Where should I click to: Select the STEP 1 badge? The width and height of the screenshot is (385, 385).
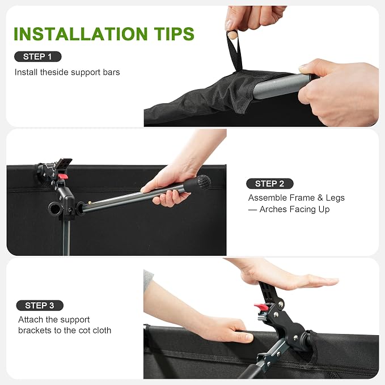click(38, 57)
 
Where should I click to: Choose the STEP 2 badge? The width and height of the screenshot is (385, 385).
click(269, 184)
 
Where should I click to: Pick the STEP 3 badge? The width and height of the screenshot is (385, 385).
click(40, 306)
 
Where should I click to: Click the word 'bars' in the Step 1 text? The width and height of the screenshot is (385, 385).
click(112, 72)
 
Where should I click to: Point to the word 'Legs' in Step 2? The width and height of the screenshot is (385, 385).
click(335, 198)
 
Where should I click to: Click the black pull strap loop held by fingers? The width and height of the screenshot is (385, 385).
click(235, 51)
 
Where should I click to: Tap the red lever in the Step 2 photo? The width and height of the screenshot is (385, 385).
click(63, 176)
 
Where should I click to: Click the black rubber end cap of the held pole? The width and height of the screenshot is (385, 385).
click(204, 183)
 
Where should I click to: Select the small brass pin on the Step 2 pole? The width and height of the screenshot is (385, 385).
click(90, 203)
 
